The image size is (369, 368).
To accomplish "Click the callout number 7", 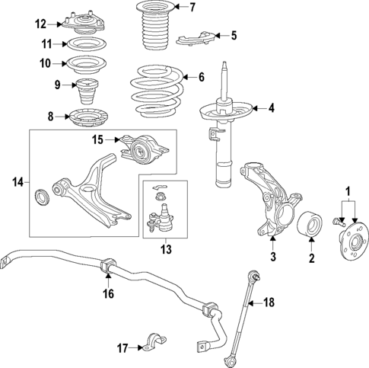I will pyautogui.click(x=192, y=8).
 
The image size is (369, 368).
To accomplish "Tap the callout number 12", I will pyautogui.click(x=41, y=24).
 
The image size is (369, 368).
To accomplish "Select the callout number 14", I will pyautogui.click(x=19, y=182).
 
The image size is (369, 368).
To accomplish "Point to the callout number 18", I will pyautogui.click(x=268, y=302).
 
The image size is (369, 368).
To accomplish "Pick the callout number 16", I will pyautogui.click(x=108, y=293).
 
